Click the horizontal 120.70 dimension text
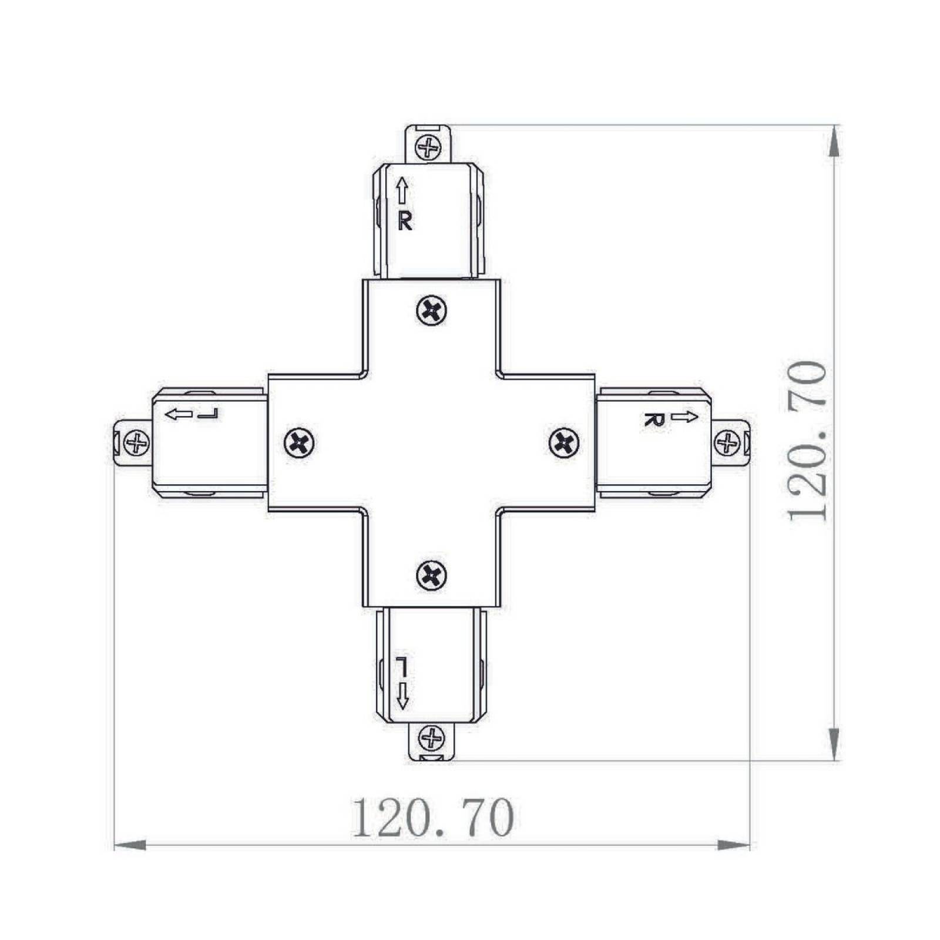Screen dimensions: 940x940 click(x=433, y=817)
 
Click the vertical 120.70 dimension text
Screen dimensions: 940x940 click(x=807, y=441)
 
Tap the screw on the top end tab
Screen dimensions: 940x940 click(x=429, y=146)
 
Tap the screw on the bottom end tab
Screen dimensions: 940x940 click(x=432, y=737)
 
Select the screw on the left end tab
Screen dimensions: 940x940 click(x=137, y=442)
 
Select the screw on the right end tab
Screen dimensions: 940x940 click(x=727, y=442)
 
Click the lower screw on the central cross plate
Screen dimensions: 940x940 click(x=431, y=576)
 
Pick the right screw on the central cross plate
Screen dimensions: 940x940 click(x=564, y=442)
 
